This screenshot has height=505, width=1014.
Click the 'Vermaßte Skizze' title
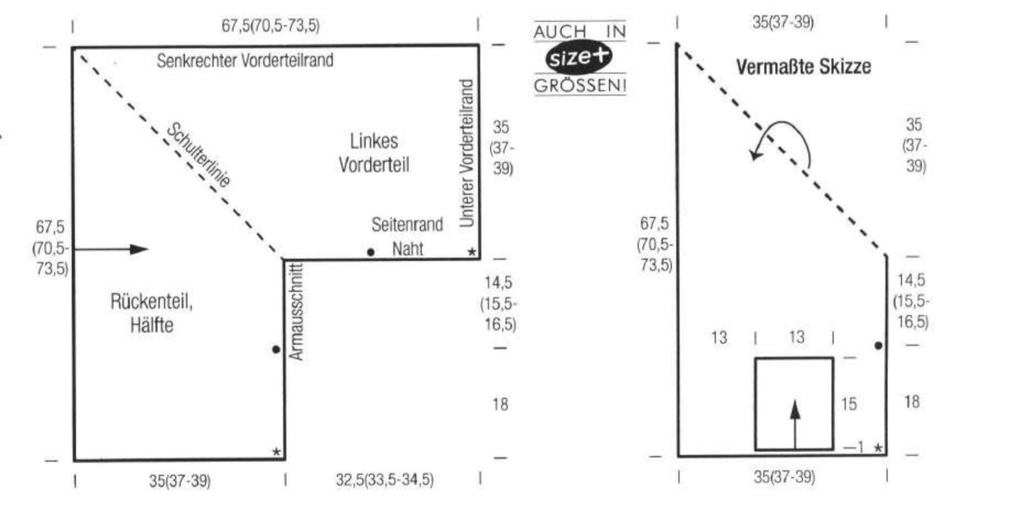(x=803, y=67)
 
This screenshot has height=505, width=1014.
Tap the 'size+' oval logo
(x=580, y=58)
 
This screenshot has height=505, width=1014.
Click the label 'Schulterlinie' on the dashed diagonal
(x=199, y=156)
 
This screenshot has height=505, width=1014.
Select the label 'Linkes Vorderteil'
(x=373, y=153)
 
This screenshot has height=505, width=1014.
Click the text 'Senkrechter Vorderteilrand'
(x=246, y=60)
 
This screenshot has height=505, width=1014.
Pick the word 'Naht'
(x=407, y=250)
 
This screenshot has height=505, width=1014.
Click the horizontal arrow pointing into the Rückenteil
(x=116, y=248)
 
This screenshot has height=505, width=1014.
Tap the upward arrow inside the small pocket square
(x=794, y=422)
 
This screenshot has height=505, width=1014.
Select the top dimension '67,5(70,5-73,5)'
(x=271, y=26)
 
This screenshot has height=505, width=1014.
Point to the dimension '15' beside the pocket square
(x=848, y=405)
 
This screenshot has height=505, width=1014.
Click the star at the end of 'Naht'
(x=472, y=252)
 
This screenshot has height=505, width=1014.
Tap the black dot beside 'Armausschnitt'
(x=276, y=349)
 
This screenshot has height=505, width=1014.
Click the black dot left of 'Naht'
(x=370, y=252)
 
